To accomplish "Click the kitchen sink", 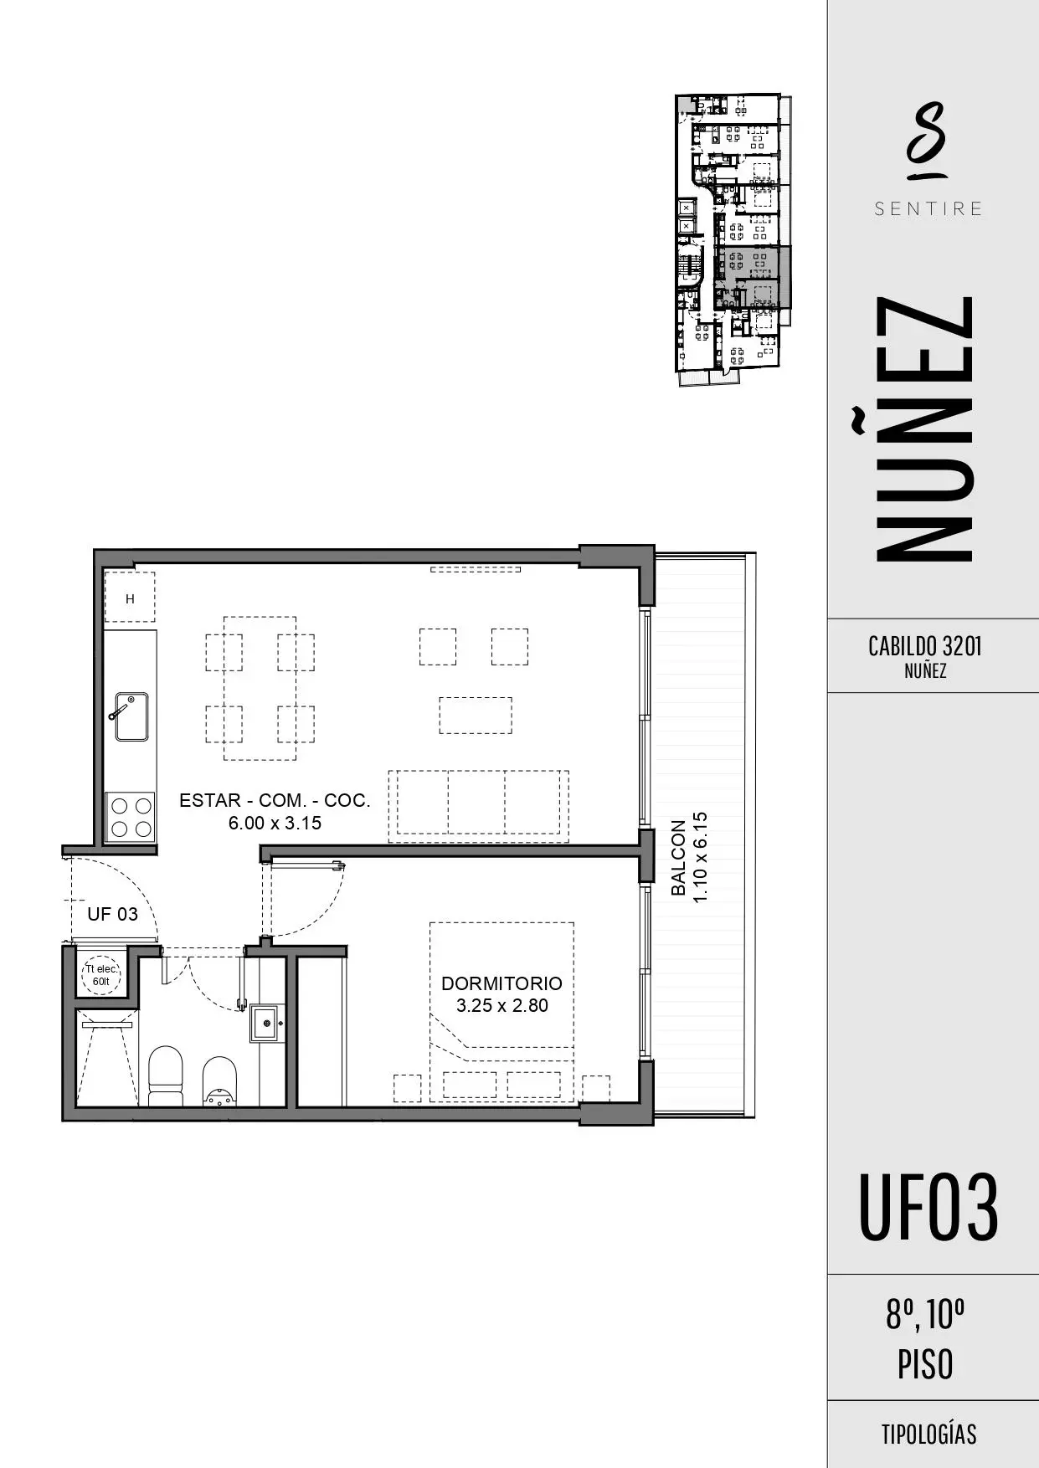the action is coord(131,716).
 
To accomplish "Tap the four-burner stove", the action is coord(130,818).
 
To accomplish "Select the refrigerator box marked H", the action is coord(130,598).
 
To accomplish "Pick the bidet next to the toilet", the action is coord(219,1081).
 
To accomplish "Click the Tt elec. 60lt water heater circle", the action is coord(101,975).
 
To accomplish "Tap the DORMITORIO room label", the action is coord(501,983).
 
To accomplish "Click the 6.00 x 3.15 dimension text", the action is coord(275,823).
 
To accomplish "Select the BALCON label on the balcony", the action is coord(678,858).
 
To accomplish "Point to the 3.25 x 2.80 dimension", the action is coord(501,1005).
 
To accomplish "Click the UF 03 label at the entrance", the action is coord(112,914).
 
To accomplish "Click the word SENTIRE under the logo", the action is coord(928,209).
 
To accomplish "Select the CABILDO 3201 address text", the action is coord(925,646).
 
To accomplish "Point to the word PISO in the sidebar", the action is coord(925,1364).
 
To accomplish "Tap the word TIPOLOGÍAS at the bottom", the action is coord(928,1435).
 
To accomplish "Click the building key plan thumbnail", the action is coord(733,239).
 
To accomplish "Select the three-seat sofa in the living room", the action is coord(478,806).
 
